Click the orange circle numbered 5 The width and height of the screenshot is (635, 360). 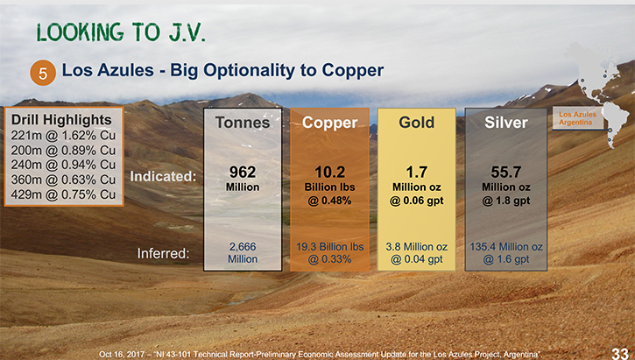point(43,73)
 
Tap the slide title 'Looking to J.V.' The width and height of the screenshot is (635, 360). point(121,32)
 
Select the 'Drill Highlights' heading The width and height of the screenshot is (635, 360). point(61,120)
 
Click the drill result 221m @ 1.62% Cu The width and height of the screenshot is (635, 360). point(63,135)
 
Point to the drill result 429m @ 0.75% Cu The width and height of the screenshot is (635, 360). point(63,194)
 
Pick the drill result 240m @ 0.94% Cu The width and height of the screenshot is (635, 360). point(63,165)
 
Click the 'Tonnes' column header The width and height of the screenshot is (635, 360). point(243,123)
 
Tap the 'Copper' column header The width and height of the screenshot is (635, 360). point(329,123)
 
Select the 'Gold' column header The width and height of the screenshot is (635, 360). point(417,123)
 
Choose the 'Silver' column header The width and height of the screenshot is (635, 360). point(506,123)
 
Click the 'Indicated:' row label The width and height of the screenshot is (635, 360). point(163,177)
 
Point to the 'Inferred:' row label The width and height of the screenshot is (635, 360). point(163,253)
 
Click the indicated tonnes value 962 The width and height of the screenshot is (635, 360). point(243,172)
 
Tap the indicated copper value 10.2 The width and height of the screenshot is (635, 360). point(330,172)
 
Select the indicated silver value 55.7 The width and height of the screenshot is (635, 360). point(506,172)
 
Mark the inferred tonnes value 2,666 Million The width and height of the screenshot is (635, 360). point(243,252)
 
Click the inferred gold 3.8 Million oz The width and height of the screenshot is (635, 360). point(417,247)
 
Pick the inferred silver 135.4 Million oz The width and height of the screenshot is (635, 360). point(506,247)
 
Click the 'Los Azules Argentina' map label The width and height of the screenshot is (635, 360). point(577,118)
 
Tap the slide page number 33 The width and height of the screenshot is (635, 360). point(619,353)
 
